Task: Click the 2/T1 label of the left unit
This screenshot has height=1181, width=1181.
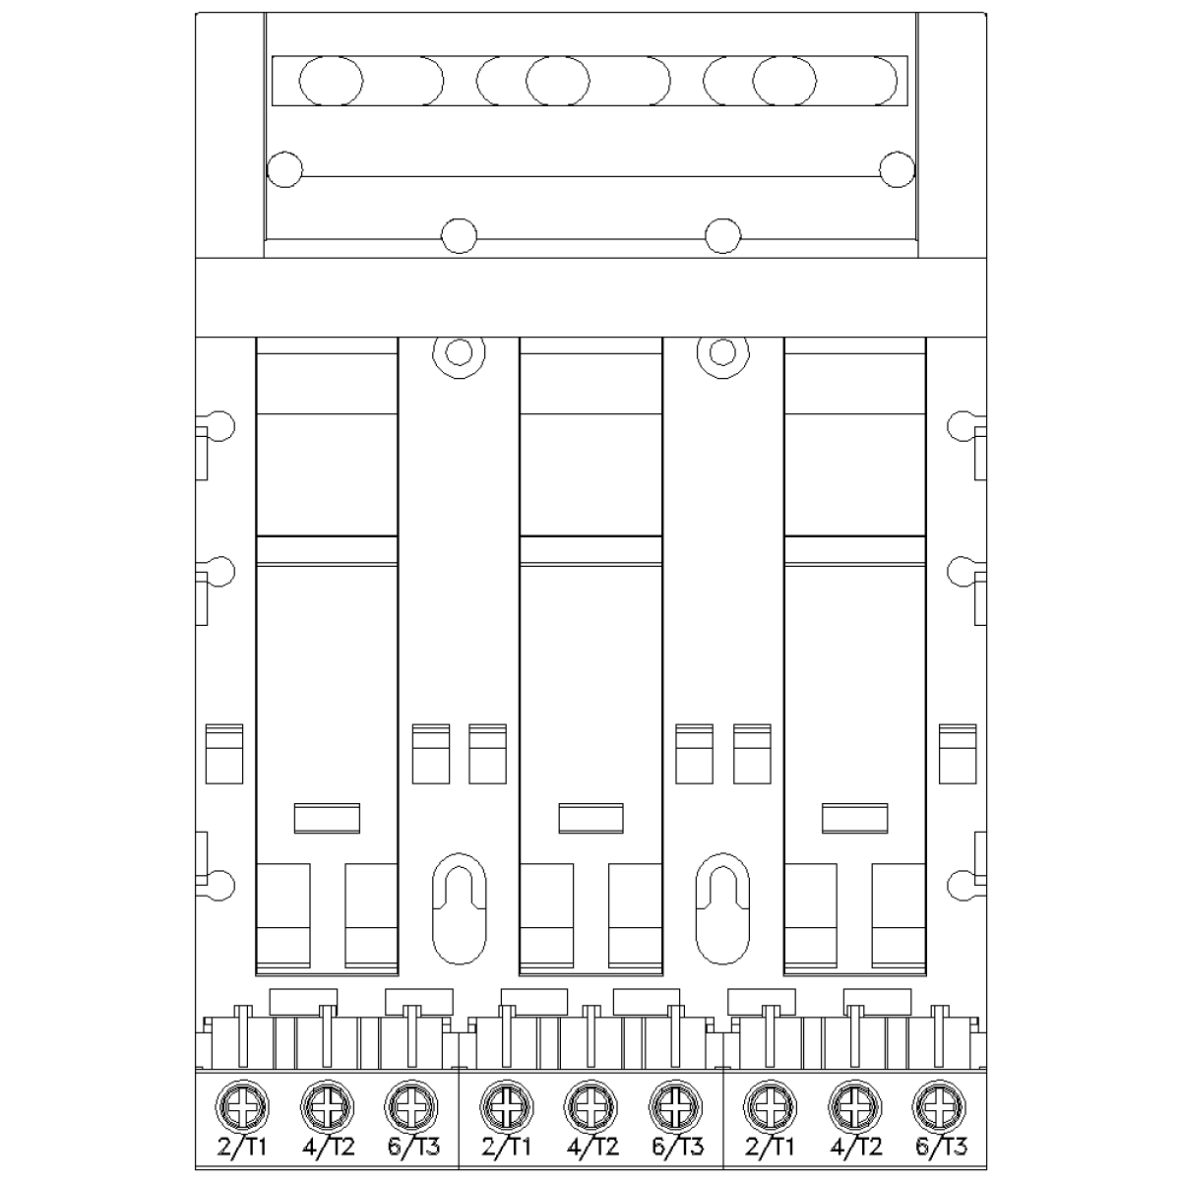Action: pyautogui.click(x=242, y=1147)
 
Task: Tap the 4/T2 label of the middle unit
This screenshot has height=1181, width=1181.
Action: pyautogui.click(x=592, y=1147)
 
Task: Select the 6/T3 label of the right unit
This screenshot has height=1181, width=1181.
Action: pyautogui.click(x=941, y=1147)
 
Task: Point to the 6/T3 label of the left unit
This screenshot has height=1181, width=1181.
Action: pyautogui.click(x=413, y=1147)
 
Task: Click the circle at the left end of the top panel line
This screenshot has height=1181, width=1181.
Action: pyautogui.click(x=285, y=169)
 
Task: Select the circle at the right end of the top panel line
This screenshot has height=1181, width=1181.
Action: pyautogui.click(x=898, y=169)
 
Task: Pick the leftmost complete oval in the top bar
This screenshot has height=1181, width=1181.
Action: pyautogui.click(x=331, y=81)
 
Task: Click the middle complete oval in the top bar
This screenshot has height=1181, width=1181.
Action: pyautogui.click(x=558, y=81)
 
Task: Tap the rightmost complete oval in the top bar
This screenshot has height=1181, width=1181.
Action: pyautogui.click(x=784, y=81)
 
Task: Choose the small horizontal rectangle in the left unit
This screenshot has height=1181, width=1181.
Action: pyautogui.click(x=328, y=818)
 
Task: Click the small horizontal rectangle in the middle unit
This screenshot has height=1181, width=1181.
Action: pyautogui.click(x=590, y=818)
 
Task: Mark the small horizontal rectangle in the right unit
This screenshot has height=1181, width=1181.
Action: pyautogui.click(x=855, y=818)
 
